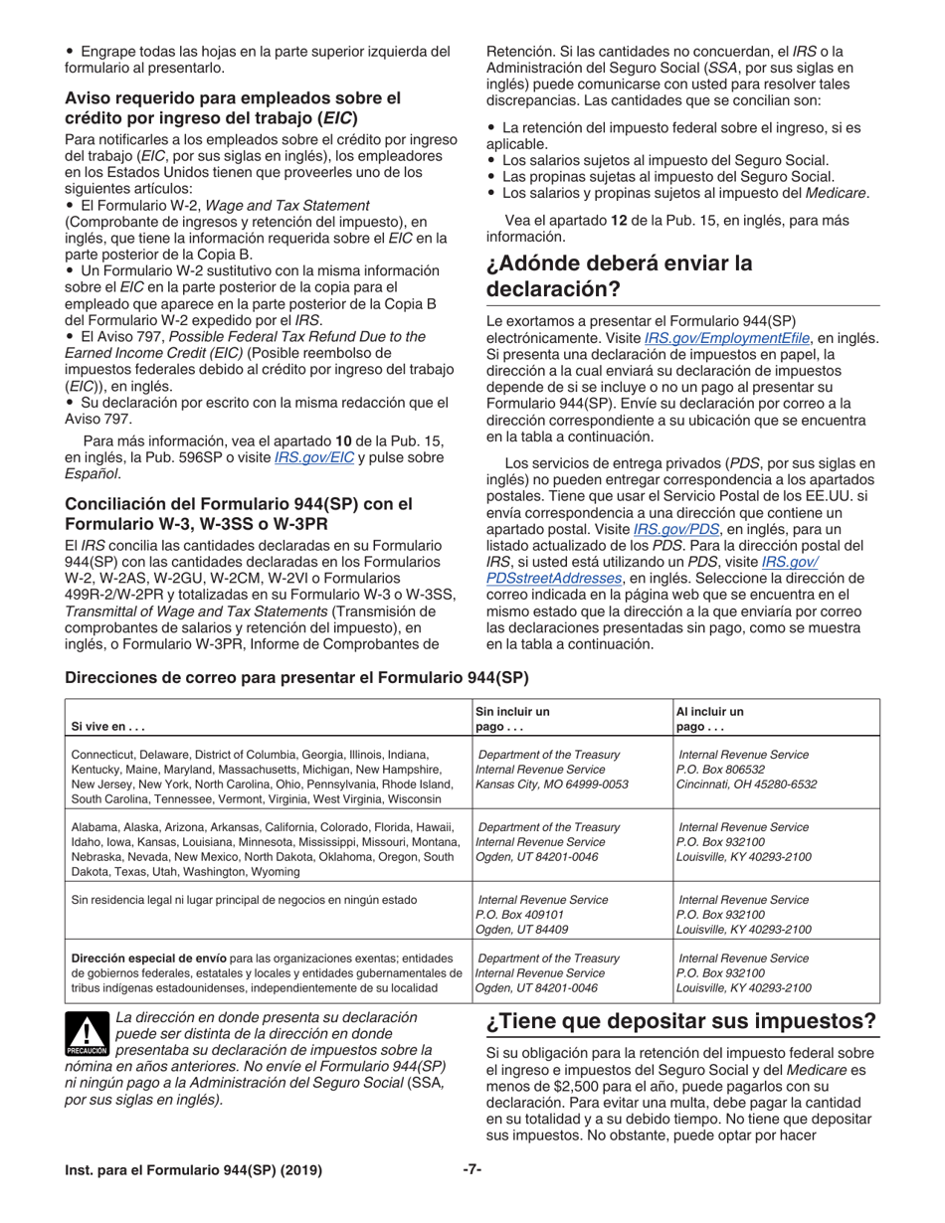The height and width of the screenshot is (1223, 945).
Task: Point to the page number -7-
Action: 472,1170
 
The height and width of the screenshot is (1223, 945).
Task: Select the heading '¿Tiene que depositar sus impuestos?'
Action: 681,1022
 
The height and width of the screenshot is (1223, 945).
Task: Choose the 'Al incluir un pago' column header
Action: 710,720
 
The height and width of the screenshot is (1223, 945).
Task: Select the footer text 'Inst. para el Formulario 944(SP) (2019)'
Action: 193,1171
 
